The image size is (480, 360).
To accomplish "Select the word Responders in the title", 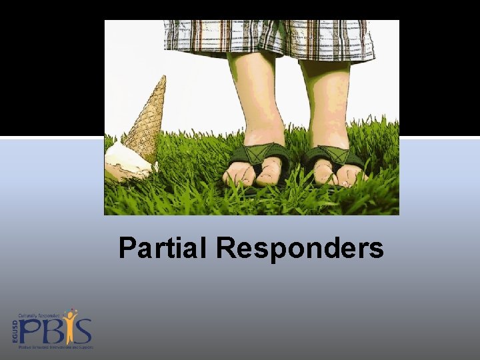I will click(299, 249).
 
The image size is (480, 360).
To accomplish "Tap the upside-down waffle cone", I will click(145, 120).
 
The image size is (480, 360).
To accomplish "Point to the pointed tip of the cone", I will click(162, 78).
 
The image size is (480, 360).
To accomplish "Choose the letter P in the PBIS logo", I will click(31, 331).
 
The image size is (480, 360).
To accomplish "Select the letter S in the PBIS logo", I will click(83, 332).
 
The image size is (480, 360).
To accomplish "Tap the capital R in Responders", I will click(226, 249).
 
